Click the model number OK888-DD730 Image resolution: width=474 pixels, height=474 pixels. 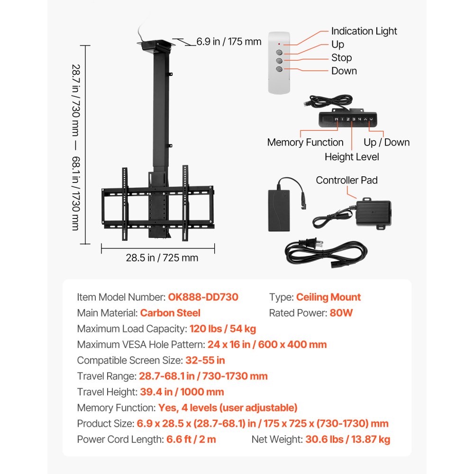point(203,297)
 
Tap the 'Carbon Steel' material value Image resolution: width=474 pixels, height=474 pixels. point(170,313)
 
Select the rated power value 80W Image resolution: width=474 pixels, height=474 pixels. point(341,313)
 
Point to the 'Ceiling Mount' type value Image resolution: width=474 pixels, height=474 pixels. point(328,297)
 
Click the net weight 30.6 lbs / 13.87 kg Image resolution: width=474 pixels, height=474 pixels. point(348,439)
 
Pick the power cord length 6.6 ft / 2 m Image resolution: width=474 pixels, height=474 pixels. point(191,439)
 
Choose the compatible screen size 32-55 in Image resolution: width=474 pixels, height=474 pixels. point(205,360)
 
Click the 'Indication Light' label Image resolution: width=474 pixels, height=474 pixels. point(364,31)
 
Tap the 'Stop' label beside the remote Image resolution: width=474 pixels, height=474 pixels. point(341,58)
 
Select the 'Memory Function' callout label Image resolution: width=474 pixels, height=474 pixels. point(305,142)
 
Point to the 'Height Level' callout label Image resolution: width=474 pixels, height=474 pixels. point(352,156)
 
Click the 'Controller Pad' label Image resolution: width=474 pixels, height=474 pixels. point(347,180)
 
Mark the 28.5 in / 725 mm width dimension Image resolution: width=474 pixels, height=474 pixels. point(162,258)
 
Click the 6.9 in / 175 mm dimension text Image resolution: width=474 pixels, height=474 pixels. point(229,42)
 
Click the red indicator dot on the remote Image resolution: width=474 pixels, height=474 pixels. point(279,44)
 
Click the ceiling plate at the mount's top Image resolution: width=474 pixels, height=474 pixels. point(157,45)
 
